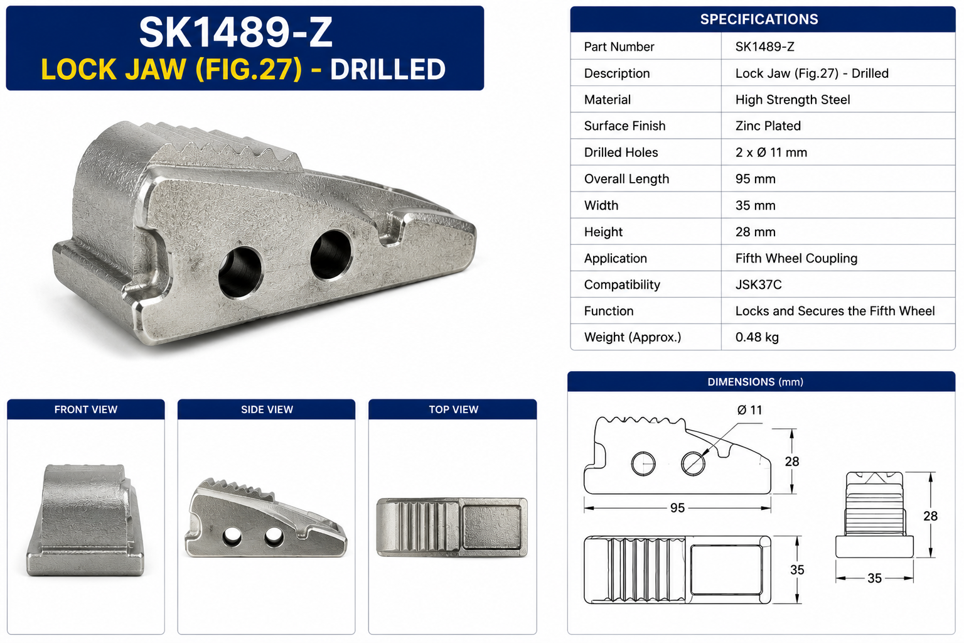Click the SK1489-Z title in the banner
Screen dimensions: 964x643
tap(236, 32)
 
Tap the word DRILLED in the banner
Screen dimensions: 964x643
tap(388, 69)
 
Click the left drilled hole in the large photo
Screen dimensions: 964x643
tap(240, 273)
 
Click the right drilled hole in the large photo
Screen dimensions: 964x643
tap(331, 254)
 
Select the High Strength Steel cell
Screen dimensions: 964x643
tap(792, 99)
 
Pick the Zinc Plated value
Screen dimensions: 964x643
tap(768, 126)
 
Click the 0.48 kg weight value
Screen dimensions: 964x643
tap(756, 337)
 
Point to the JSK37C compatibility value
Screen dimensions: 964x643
tap(758, 284)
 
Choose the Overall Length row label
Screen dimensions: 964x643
tap(626, 179)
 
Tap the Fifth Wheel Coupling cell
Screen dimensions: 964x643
tap(796, 258)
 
